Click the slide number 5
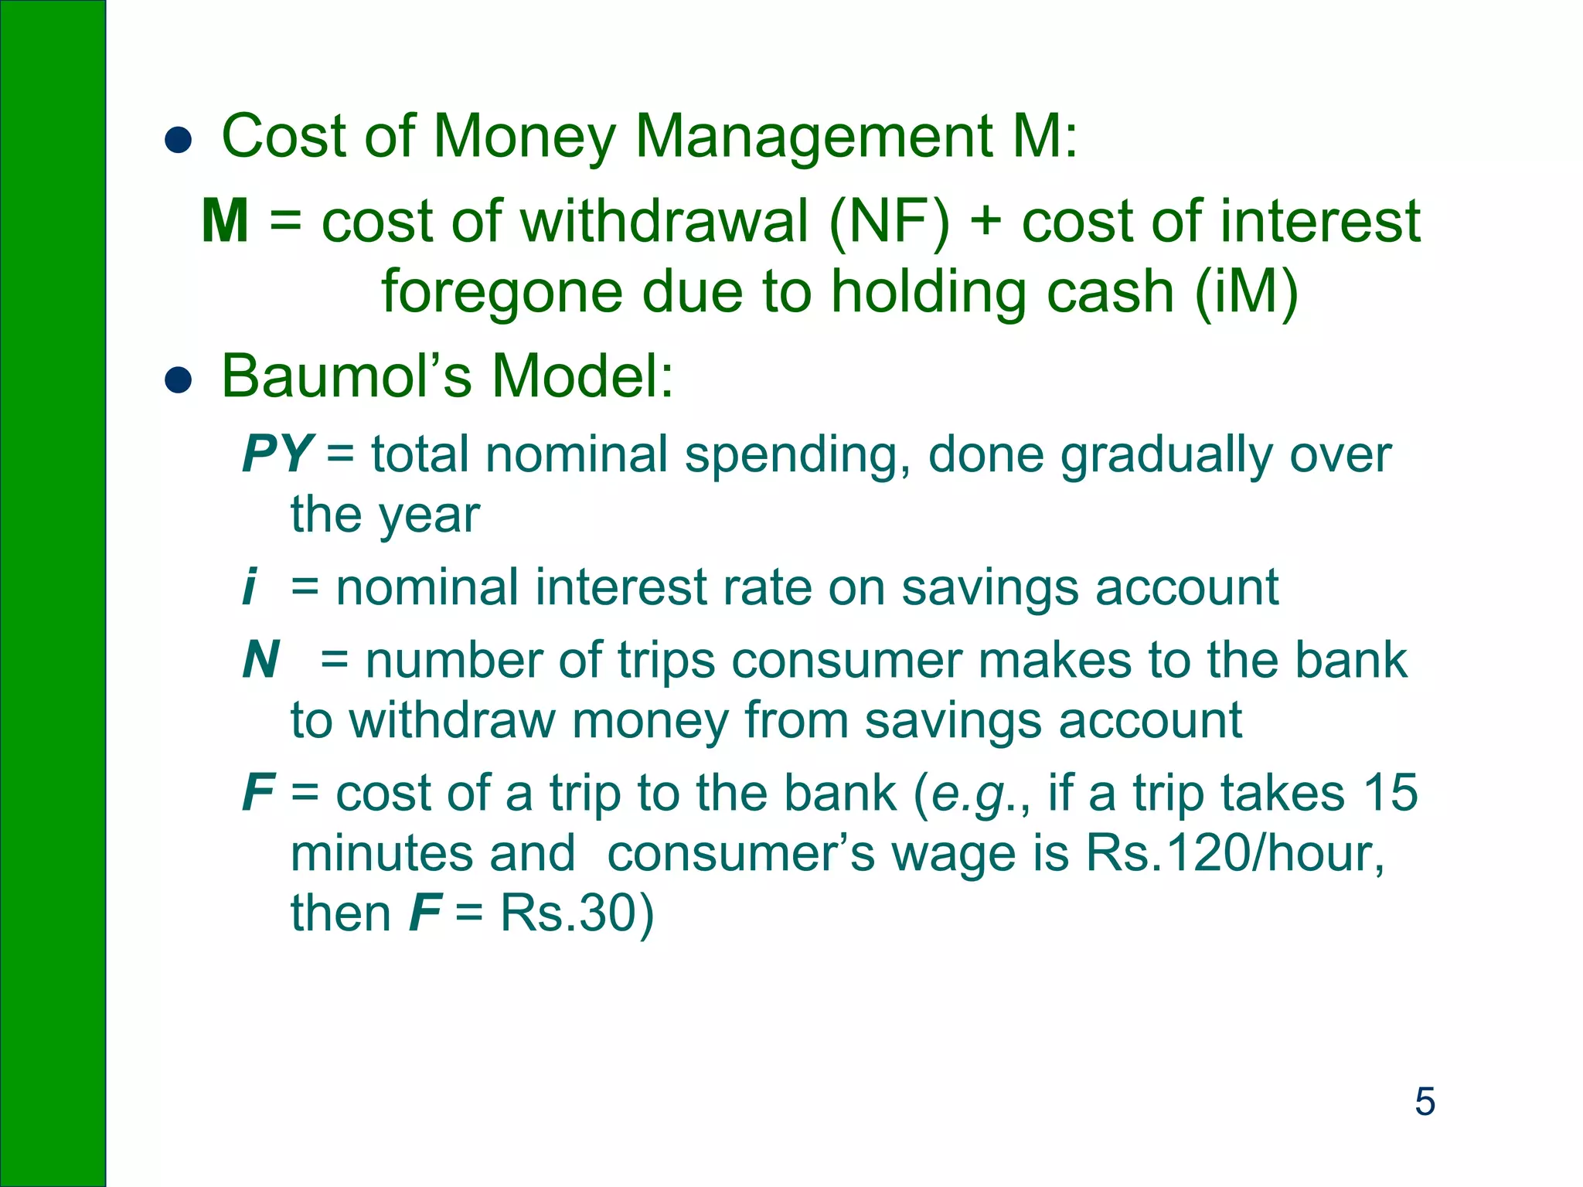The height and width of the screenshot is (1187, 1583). click(x=1425, y=1101)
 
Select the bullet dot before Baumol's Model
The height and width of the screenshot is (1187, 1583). click(x=178, y=381)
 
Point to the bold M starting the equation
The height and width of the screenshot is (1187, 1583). click(x=225, y=221)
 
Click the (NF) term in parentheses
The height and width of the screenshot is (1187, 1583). click(x=889, y=223)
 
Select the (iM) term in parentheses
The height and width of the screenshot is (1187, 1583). click(x=1246, y=292)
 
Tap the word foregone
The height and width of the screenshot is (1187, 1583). click(x=502, y=292)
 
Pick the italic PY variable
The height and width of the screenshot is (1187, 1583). click(x=277, y=454)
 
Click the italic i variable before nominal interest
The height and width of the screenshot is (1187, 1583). click(x=248, y=587)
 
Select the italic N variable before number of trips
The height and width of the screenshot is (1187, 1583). click(x=260, y=660)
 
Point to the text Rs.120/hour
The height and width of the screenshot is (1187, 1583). click(x=1234, y=853)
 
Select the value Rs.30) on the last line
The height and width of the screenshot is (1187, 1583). click(x=577, y=913)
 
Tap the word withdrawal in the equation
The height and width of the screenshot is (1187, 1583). click(x=665, y=221)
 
